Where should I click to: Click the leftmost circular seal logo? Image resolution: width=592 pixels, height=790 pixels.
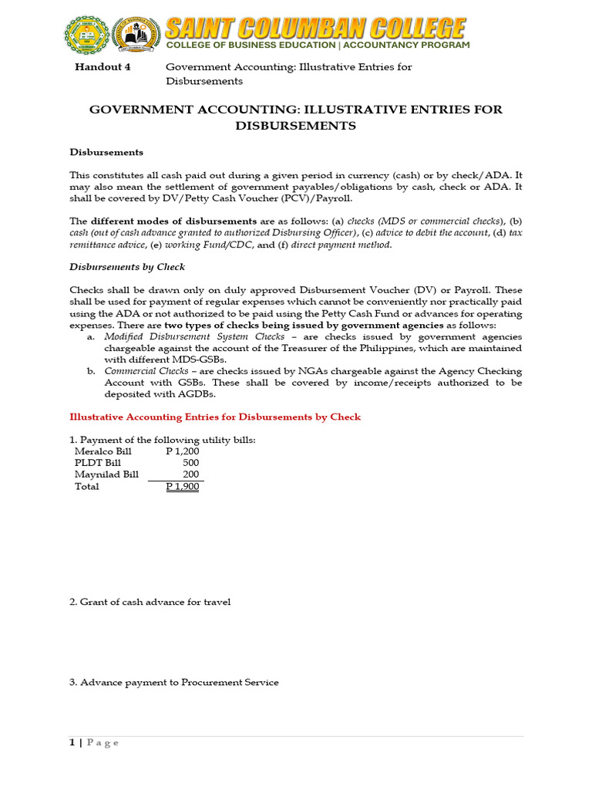[86, 36]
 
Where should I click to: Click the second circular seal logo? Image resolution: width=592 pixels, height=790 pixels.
[136, 36]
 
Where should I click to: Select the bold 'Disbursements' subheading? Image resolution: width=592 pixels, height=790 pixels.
[106, 152]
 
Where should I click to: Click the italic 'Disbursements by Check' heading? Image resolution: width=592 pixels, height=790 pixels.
[127, 267]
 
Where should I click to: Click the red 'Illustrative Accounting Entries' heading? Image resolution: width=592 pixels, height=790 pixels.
[215, 417]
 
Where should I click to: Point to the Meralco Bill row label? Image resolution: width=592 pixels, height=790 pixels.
[103, 451]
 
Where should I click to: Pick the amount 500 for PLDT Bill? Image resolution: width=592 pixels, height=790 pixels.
[190, 463]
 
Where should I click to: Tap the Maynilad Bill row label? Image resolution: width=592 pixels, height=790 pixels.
[106, 474]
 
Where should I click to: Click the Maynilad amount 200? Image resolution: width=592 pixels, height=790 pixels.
[190, 474]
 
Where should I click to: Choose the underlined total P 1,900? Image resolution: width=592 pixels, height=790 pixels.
[183, 487]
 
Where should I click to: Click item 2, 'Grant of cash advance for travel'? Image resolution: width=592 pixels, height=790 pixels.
[150, 602]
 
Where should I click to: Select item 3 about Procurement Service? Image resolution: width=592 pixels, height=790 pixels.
[173, 683]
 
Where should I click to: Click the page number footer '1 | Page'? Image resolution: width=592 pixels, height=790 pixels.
[94, 743]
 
